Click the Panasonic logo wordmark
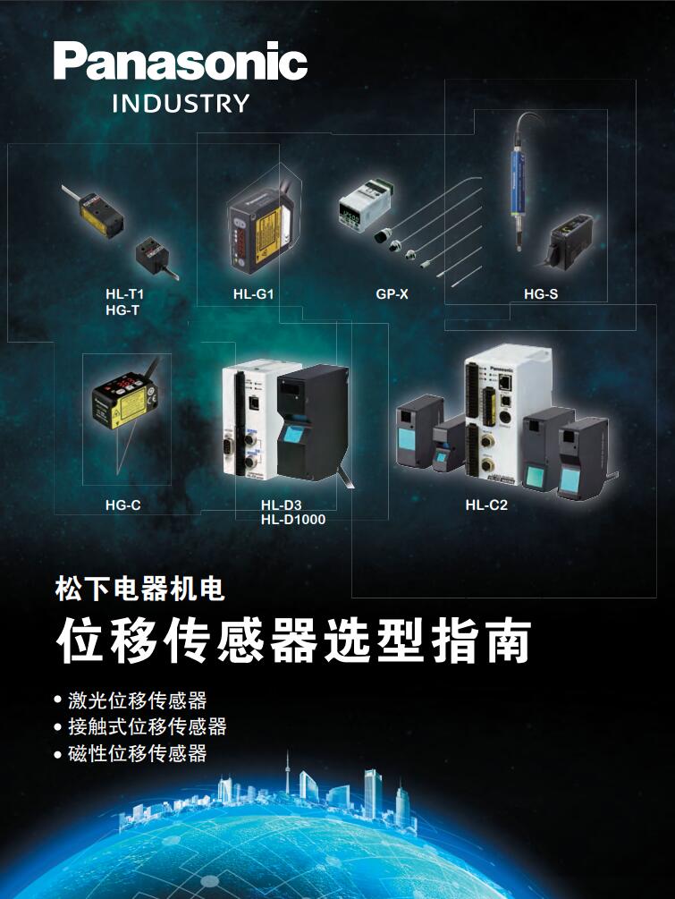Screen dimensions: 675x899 pos(181,61)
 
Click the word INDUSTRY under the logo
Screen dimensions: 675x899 pos(181,104)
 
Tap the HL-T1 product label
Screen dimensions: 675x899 pos(124,294)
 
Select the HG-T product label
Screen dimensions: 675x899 pos(122,310)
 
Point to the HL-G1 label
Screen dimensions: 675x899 pos(253,294)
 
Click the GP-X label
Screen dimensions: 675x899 pos(392,294)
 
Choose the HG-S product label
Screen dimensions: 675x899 pos(540,294)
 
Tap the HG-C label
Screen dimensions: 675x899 pos(122,505)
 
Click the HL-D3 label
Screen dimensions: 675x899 pos(281,505)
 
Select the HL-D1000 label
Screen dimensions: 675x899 pos(293,520)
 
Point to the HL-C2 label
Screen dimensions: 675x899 pos(485,505)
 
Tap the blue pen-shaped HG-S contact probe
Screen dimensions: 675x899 pos(518,181)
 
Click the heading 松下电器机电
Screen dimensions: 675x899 pos(139,589)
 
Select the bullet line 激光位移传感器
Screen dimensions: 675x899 pos(137,700)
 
